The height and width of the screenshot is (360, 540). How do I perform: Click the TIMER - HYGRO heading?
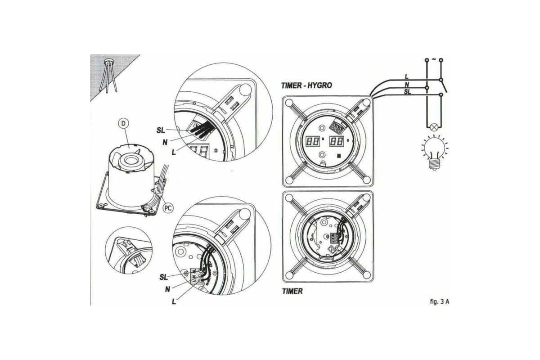[307, 85]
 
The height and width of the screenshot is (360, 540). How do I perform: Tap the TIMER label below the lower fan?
[292, 291]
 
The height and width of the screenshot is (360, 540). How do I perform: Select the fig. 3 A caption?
[439, 301]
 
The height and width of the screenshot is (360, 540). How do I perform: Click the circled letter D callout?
[124, 122]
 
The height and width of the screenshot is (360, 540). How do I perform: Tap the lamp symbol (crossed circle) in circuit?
[434, 127]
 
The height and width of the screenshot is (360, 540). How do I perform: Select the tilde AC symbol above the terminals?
[434, 59]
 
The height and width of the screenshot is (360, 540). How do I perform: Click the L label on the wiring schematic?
[407, 76]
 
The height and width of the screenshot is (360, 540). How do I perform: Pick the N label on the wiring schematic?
[407, 84]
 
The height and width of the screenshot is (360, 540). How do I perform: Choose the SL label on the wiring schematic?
[408, 91]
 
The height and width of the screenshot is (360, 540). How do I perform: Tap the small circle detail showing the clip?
[129, 250]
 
